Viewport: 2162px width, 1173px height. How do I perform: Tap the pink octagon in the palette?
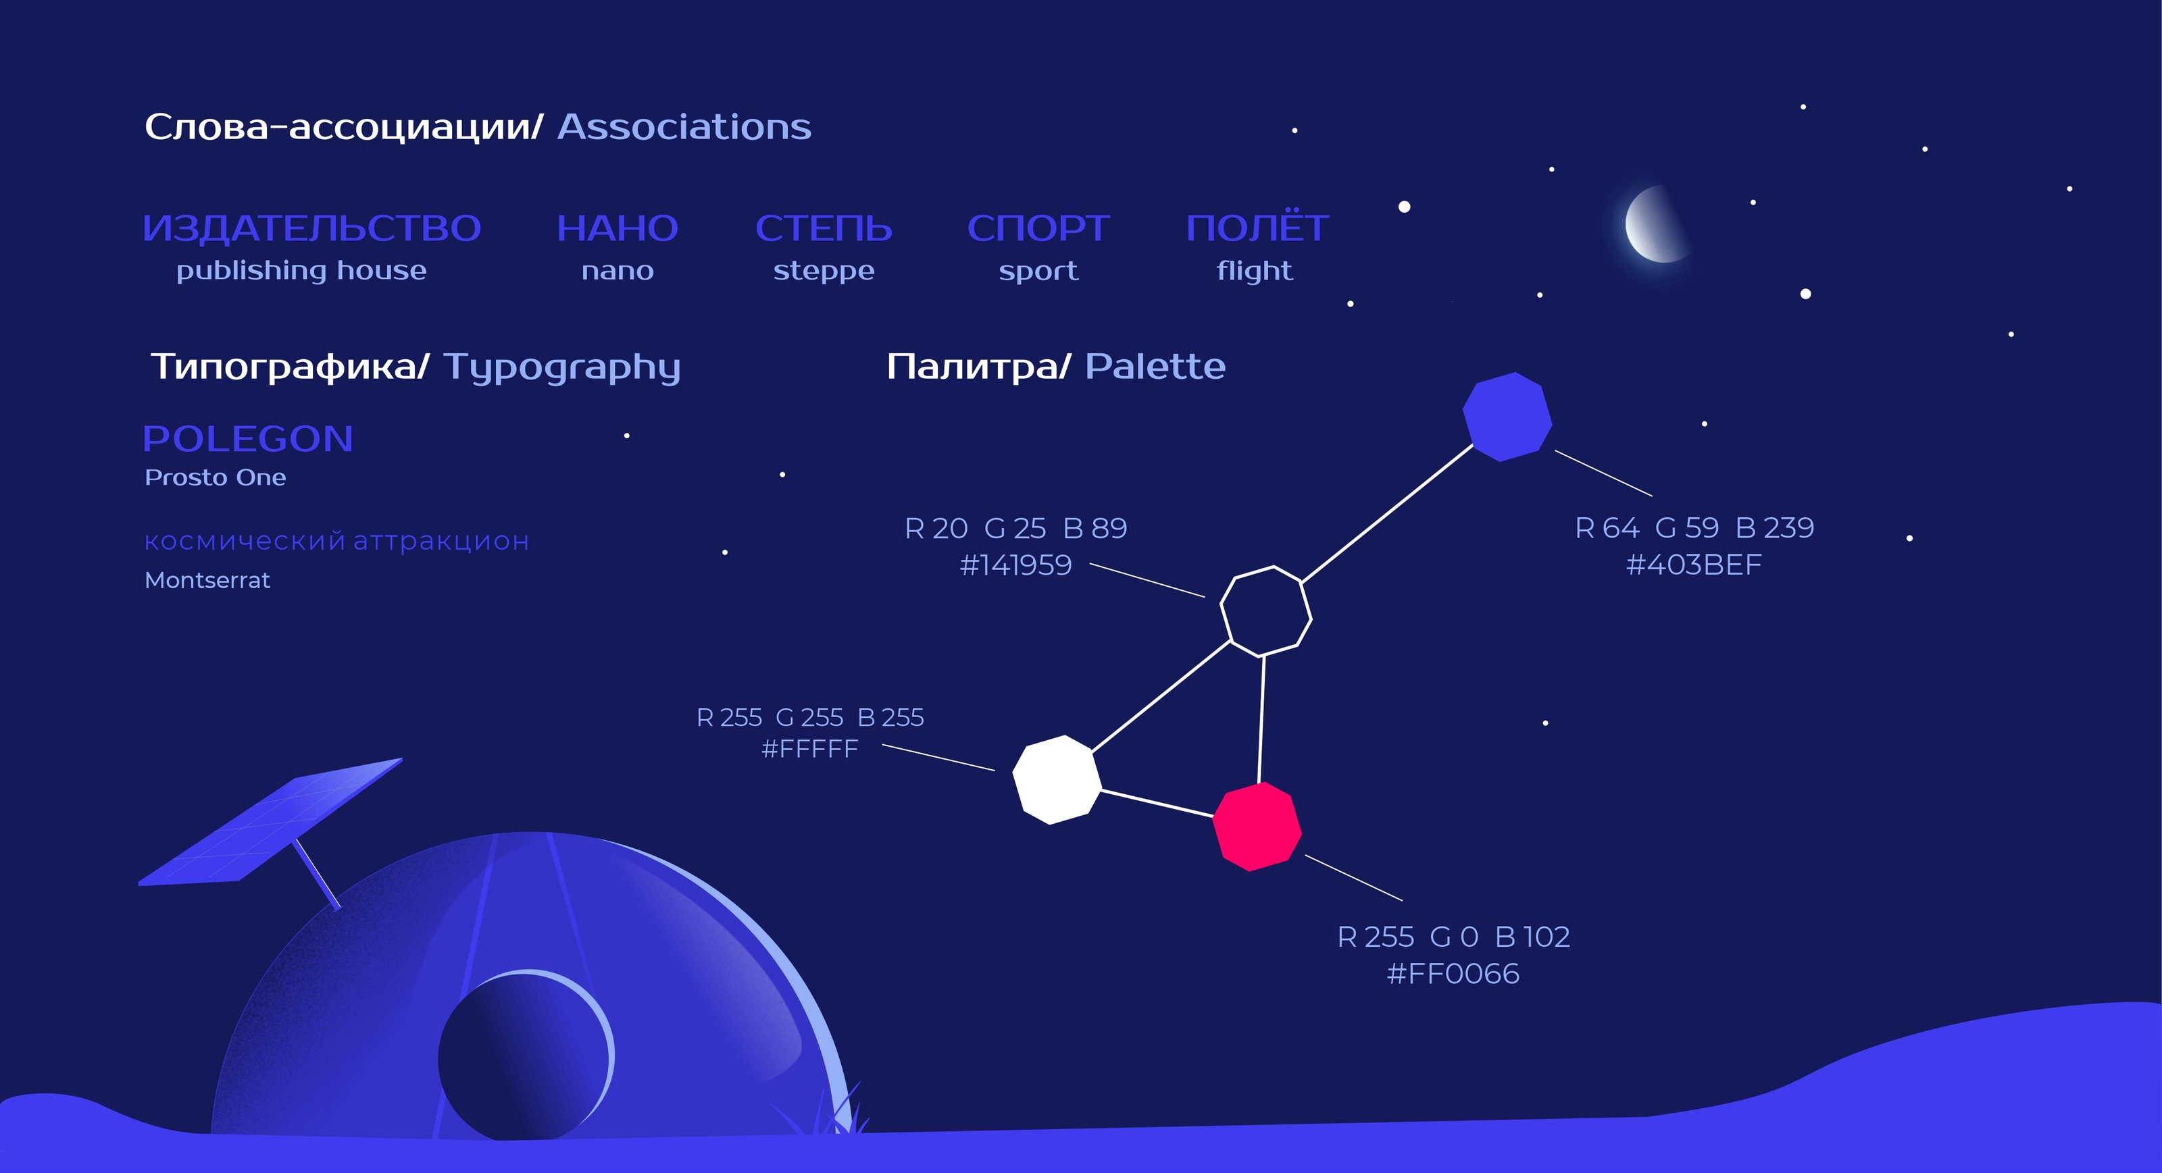1257,827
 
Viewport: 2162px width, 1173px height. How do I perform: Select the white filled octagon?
1057,779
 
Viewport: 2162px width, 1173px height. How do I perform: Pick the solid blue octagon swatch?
1507,417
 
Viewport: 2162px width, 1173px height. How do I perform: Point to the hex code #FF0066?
1453,973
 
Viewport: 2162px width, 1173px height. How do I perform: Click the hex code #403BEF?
1694,565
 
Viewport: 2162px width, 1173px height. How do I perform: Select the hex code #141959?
1015,565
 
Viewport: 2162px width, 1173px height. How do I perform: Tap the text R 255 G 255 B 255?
810,717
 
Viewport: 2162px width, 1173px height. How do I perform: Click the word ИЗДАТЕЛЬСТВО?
311,228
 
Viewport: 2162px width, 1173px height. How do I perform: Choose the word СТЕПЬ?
824,228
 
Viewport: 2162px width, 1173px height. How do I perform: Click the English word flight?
1255,271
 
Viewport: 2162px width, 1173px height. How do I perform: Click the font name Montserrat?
207,580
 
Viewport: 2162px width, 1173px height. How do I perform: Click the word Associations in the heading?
684,128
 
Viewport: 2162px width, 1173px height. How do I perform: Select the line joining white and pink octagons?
1157,803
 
